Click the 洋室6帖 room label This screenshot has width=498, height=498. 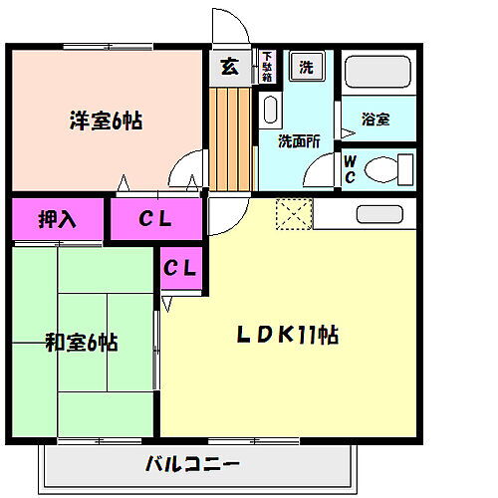click(105, 122)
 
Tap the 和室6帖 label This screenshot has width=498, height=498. click(82, 344)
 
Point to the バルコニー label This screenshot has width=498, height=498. click(191, 463)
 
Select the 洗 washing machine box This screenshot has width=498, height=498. click(306, 68)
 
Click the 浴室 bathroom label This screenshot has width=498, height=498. click(374, 120)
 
